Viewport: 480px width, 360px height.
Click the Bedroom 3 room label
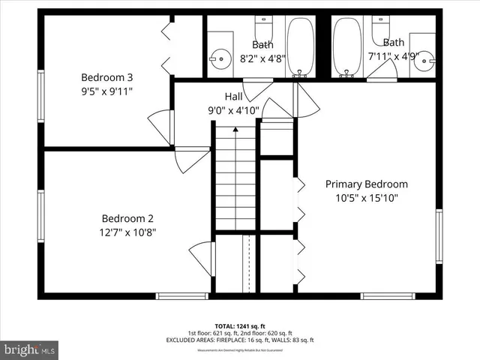tap(107, 77)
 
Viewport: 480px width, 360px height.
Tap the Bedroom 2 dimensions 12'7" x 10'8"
tap(128, 232)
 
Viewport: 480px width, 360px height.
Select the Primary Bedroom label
tap(366, 184)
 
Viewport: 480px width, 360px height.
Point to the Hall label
tap(233, 97)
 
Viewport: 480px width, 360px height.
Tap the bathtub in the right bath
tap(346, 45)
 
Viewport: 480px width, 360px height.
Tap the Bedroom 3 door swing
tap(160, 124)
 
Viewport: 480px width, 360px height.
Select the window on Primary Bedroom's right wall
tap(439, 235)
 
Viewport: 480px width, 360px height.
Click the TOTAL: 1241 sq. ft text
tap(239, 326)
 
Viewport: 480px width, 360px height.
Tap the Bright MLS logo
tap(29, 349)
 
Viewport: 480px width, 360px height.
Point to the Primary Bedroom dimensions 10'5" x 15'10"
tap(366, 199)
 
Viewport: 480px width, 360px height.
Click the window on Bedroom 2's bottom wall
tap(181, 296)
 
